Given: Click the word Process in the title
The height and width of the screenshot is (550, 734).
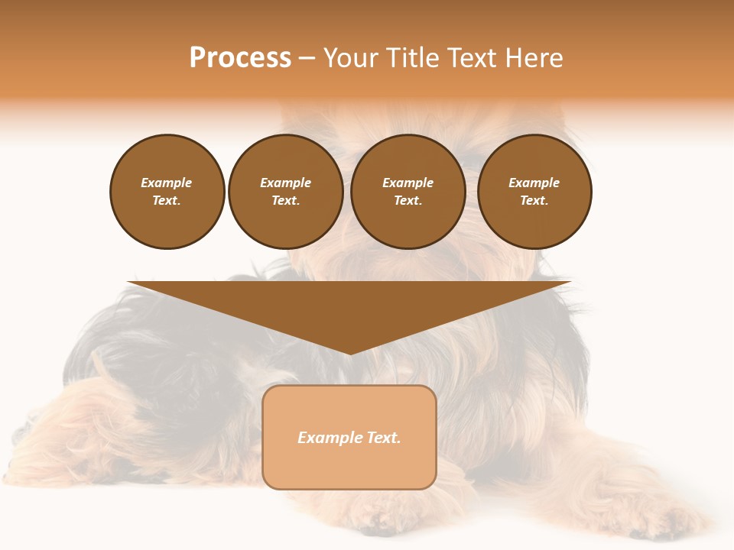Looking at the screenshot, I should (x=240, y=58).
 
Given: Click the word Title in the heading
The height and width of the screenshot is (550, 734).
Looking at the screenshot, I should (x=409, y=58).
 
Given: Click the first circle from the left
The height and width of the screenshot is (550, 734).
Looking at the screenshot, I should (x=167, y=192).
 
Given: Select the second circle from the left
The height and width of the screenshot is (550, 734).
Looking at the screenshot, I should (x=286, y=192).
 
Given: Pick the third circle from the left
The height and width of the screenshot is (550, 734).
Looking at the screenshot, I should (x=408, y=192).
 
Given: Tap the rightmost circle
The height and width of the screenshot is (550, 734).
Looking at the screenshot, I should (x=534, y=192).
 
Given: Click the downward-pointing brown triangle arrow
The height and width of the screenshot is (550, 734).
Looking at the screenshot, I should (x=349, y=306).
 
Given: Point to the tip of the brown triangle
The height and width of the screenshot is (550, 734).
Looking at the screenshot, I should (x=349, y=354).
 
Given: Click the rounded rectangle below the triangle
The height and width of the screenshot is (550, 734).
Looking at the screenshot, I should (x=349, y=437).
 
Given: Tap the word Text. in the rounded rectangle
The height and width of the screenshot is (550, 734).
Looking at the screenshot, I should (x=384, y=438).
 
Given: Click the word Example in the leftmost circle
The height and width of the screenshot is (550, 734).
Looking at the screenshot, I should (x=167, y=183).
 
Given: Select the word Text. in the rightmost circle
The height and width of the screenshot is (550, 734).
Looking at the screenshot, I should (x=534, y=201).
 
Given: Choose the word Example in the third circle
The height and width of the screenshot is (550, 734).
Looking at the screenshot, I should (x=408, y=183).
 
